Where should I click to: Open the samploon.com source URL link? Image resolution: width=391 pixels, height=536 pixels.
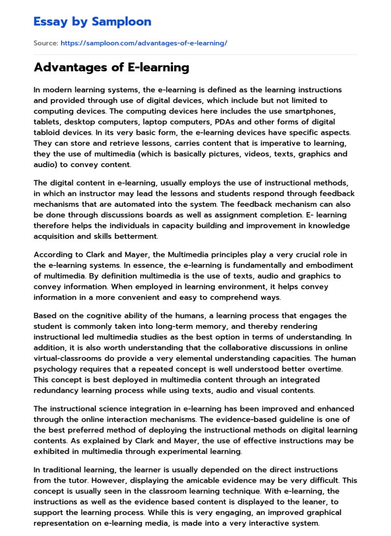pyautogui.click(x=144, y=43)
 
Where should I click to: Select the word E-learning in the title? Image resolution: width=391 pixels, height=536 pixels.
pyautogui.click(x=158, y=67)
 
